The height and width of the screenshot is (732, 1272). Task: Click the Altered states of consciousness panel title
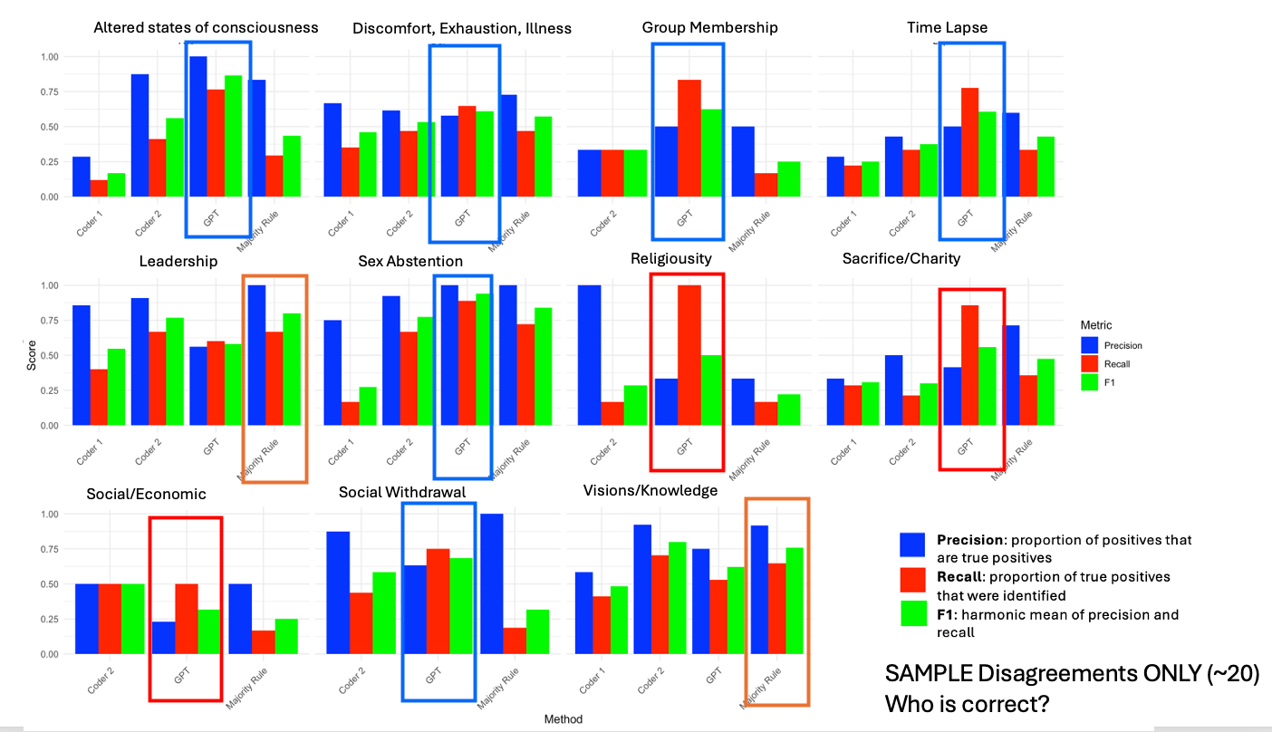[x=206, y=27]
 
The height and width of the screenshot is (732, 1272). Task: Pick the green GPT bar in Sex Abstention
[x=483, y=360]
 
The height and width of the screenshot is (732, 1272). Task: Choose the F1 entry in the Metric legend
[x=1110, y=382]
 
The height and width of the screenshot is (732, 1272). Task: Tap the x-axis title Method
[x=563, y=719]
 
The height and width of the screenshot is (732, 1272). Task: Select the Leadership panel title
[x=178, y=261]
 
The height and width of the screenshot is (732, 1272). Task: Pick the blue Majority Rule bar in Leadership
[x=257, y=355]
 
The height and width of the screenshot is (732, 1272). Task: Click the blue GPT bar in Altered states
[x=198, y=127]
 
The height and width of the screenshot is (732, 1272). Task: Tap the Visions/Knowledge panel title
[x=650, y=490]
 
